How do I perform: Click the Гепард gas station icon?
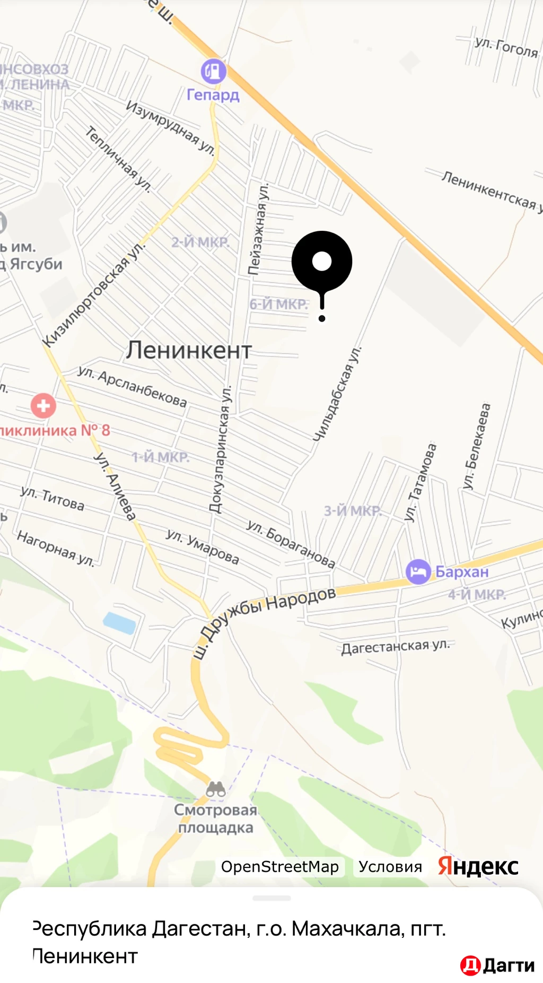click(x=213, y=71)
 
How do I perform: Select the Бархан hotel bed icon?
click(x=418, y=572)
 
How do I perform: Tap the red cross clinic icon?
click(x=43, y=406)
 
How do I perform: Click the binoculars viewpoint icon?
click(x=216, y=789)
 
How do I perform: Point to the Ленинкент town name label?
click(x=189, y=351)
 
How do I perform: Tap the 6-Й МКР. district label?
click(x=278, y=305)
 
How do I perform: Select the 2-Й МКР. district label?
click(x=200, y=242)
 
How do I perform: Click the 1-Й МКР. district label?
click(x=160, y=457)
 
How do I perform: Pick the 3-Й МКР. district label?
click(x=353, y=511)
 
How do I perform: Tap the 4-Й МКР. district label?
click(x=477, y=595)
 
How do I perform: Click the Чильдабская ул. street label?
click(x=337, y=394)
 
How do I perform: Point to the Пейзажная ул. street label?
click(x=258, y=229)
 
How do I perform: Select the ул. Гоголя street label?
click(x=506, y=47)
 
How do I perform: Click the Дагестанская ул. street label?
click(x=396, y=647)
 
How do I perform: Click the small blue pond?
click(x=120, y=623)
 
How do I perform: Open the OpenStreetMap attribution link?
click(x=279, y=867)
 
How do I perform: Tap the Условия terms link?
click(x=390, y=867)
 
